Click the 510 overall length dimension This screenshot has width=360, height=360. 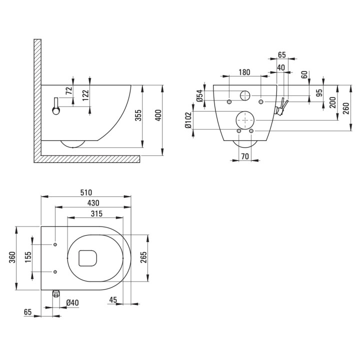(85, 191)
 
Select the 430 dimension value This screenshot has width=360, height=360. (93, 203)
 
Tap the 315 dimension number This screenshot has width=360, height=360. (96, 214)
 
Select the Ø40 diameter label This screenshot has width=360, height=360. (72, 302)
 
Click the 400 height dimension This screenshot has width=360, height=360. (158, 116)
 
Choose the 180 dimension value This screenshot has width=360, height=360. (244, 72)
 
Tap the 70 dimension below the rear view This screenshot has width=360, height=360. (244, 156)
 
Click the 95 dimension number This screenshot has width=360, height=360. (319, 93)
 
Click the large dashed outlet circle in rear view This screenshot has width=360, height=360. (244, 120)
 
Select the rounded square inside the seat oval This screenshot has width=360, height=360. (88, 256)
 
